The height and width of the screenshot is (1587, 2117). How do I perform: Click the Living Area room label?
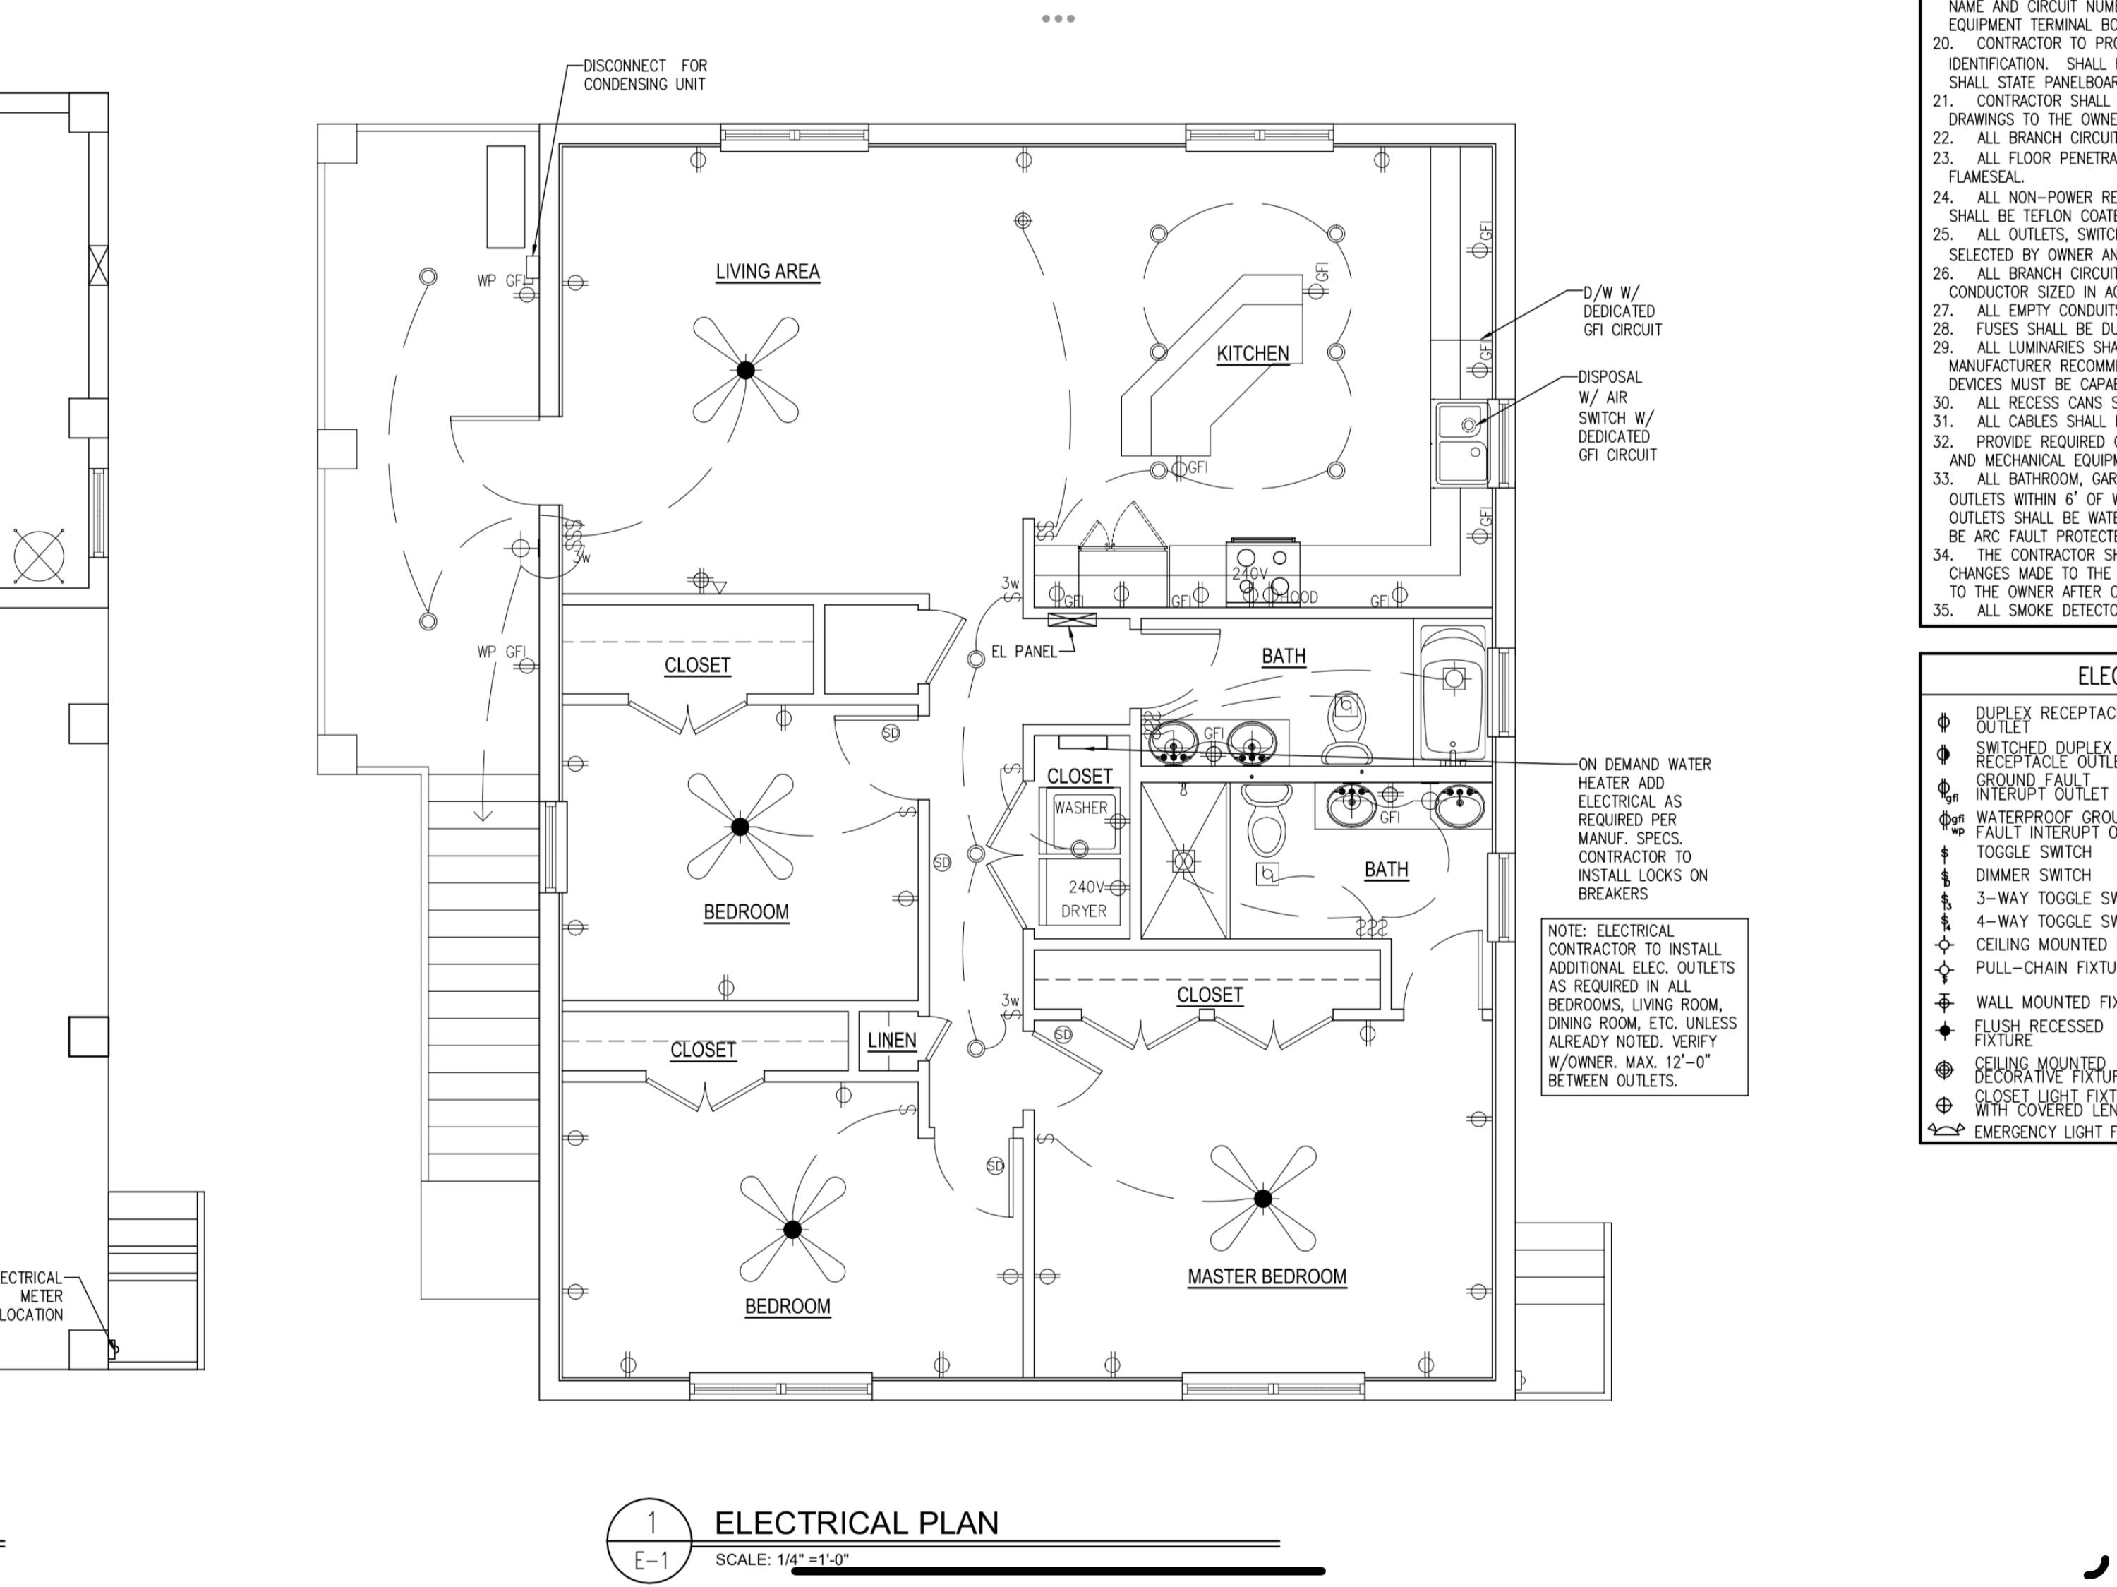(x=768, y=272)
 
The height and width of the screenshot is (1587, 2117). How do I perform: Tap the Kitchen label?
(x=1252, y=353)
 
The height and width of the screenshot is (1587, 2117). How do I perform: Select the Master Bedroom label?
(x=1266, y=1276)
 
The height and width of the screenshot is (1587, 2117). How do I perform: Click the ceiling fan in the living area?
(x=746, y=369)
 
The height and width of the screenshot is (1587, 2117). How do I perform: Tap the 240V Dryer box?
(x=1083, y=899)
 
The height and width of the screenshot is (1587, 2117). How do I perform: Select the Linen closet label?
(x=891, y=1041)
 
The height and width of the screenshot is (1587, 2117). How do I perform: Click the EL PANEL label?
(x=1024, y=652)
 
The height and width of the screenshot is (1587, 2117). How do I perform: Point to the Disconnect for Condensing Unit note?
(x=645, y=75)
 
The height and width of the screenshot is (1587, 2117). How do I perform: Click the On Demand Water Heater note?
(x=1643, y=828)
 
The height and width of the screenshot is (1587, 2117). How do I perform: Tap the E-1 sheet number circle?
(x=650, y=1540)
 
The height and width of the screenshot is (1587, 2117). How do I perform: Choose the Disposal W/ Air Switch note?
(x=1617, y=415)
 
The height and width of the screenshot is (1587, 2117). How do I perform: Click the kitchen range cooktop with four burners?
(x=1262, y=570)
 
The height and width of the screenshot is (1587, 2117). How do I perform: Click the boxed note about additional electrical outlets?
(x=1643, y=1006)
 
